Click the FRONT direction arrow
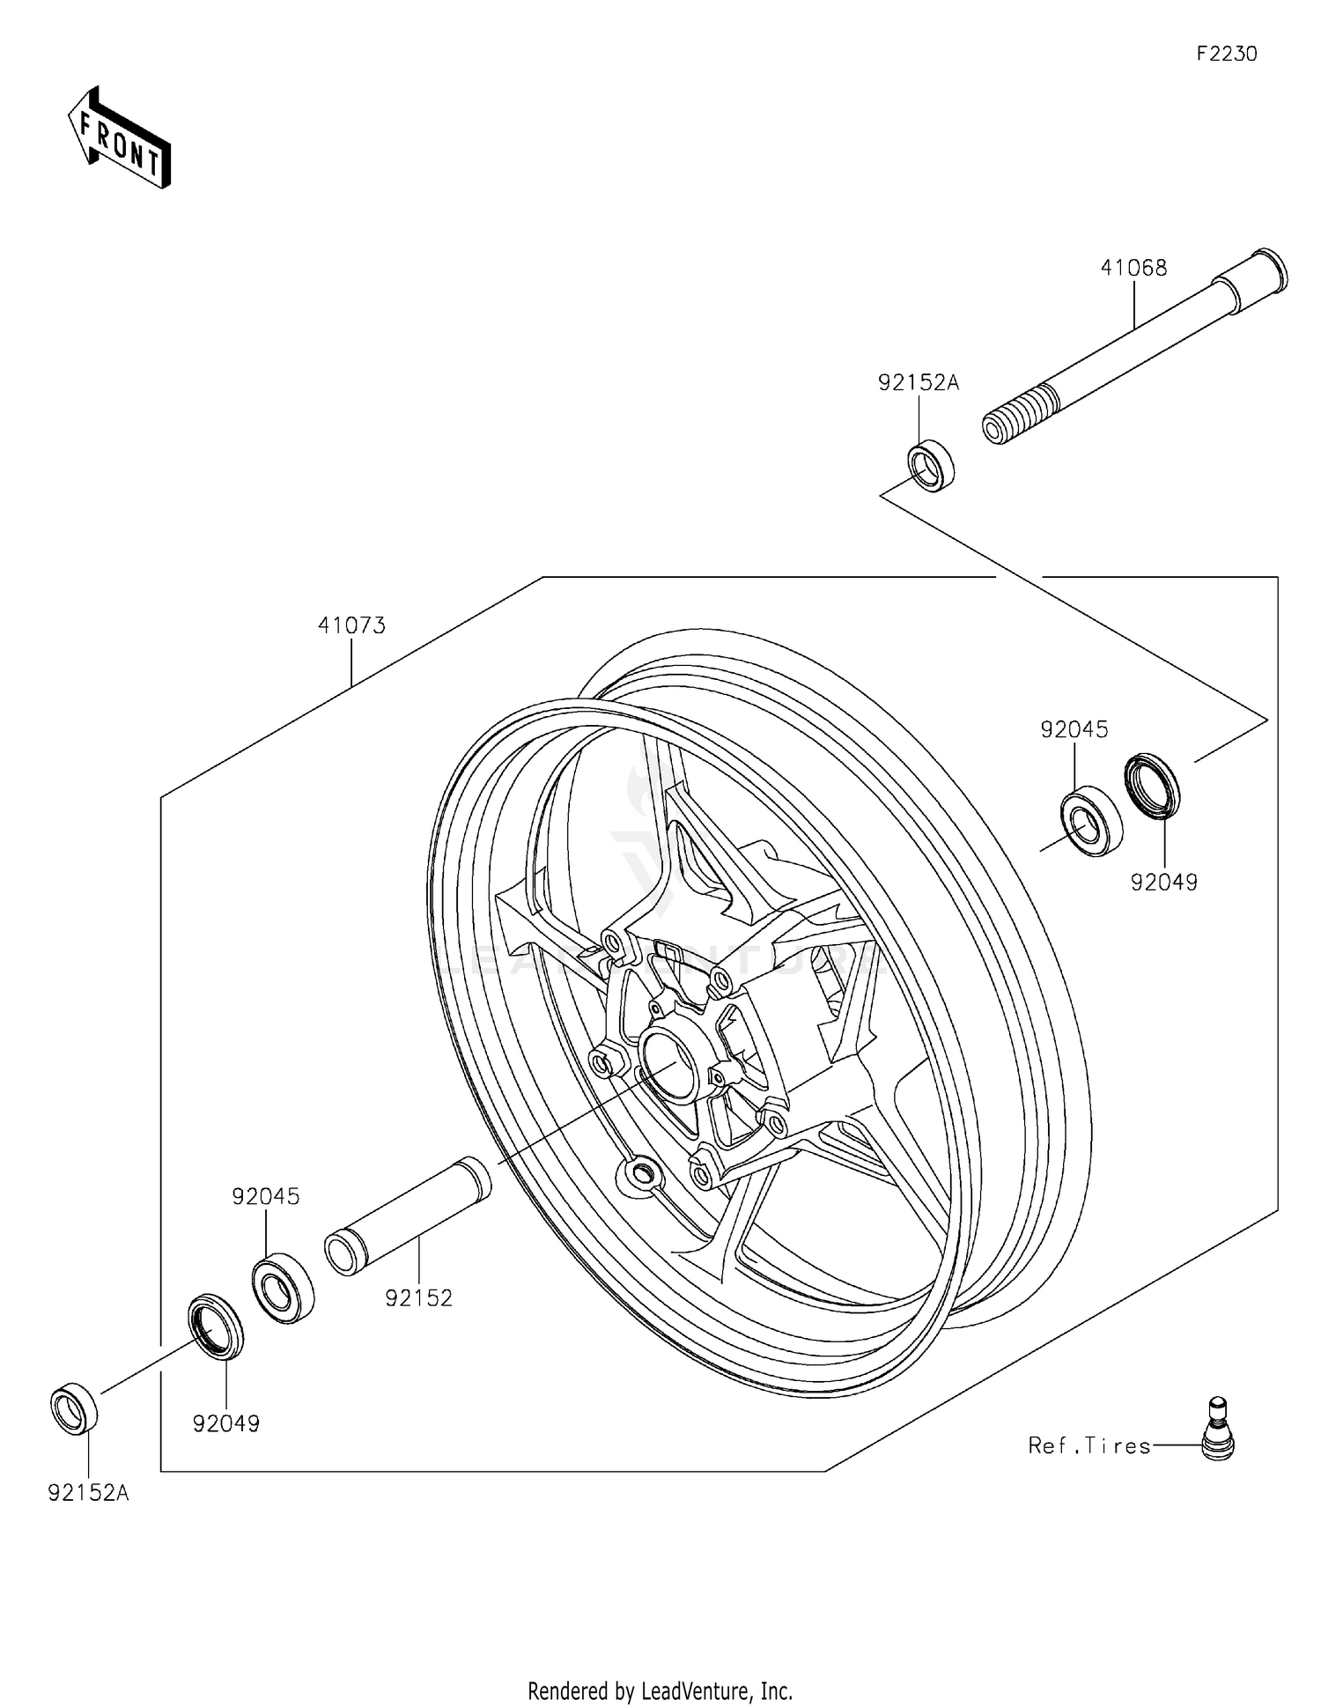(x=120, y=138)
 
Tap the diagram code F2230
(x=1226, y=54)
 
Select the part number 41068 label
(x=1133, y=268)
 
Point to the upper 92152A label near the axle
(x=918, y=382)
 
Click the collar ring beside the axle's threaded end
(x=931, y=465)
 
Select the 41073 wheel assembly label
(x=351, y=625)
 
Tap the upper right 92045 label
(x=1074, y=729)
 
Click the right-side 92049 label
(x=1164, y=883)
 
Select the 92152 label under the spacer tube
(x=418, y=1297)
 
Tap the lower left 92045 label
(x=266, y=1196)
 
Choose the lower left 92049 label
(x=226, y=1423)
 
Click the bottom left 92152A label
(x=88, y=1493)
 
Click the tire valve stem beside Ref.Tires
(x=1217, y=1430)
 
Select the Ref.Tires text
(x=1089, y=1445)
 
